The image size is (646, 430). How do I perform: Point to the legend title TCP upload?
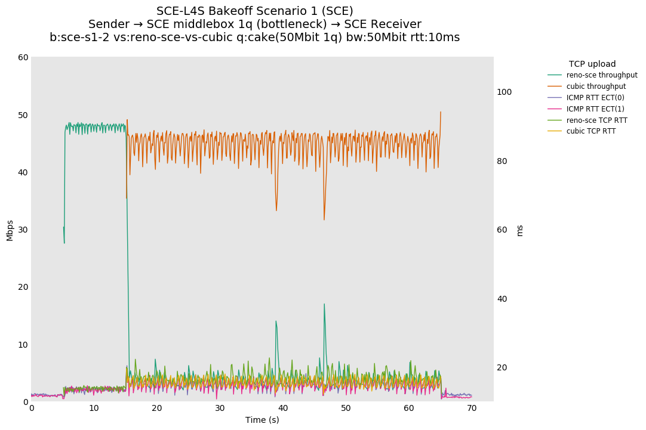[x=592, y=64]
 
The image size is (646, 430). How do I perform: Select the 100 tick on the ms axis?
[x=505, y=92]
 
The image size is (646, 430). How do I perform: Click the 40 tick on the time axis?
[x=283, y=408]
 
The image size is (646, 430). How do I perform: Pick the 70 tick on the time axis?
[x=472, y=408]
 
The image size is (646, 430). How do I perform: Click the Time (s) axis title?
[x=262, y=420]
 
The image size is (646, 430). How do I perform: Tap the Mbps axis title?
[x=10, y=230]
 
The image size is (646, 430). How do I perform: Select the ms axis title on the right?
[x=519, y=230]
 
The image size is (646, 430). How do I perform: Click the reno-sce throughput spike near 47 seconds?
[x=324, y=304]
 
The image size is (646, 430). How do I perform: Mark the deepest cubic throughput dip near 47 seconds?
[x=324, y=219]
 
